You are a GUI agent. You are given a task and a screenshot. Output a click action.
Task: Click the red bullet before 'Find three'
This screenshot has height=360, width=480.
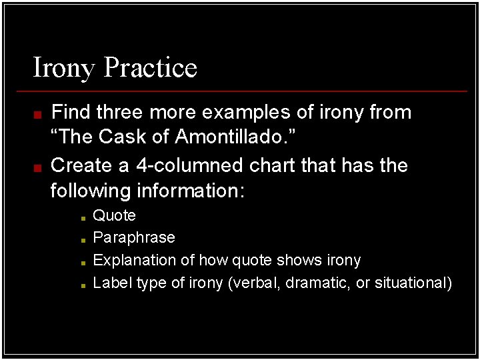click(x=38, y=114)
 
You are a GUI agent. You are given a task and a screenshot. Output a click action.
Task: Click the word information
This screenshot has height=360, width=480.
click(x=191, y=191)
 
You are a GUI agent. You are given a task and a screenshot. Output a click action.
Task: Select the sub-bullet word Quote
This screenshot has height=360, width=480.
click(x=114, y=216)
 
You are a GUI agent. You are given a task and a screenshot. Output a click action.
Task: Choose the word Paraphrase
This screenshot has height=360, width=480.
click(x=134, y=238)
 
